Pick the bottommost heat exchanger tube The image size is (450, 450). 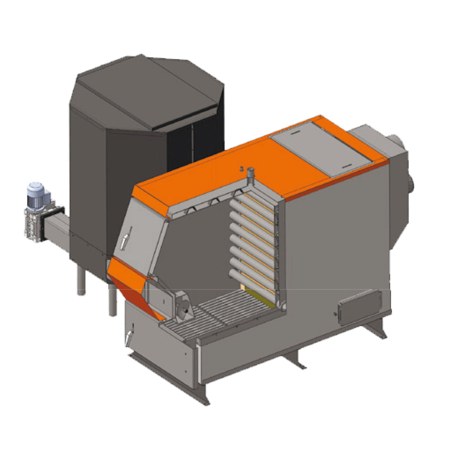click(252, 278)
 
